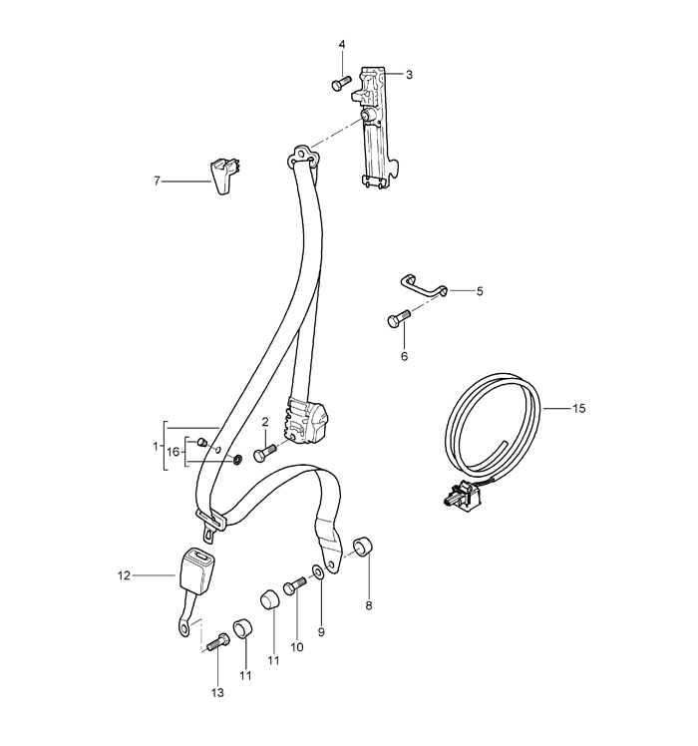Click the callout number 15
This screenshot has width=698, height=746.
pos(578,408)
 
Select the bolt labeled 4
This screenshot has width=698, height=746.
pos(341,83)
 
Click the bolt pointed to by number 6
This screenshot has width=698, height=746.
pos(399,318)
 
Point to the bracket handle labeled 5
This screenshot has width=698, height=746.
pos(424,287)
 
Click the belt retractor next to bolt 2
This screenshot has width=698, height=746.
pos(305,422)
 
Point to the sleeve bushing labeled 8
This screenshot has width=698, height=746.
pos(363,548)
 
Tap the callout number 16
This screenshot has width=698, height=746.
pos(174,451)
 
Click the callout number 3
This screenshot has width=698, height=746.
pos(409,75)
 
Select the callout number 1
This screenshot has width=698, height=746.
pos(156,446)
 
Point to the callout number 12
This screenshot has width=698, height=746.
pos(124,575)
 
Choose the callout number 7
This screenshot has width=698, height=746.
pos(157,181)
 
